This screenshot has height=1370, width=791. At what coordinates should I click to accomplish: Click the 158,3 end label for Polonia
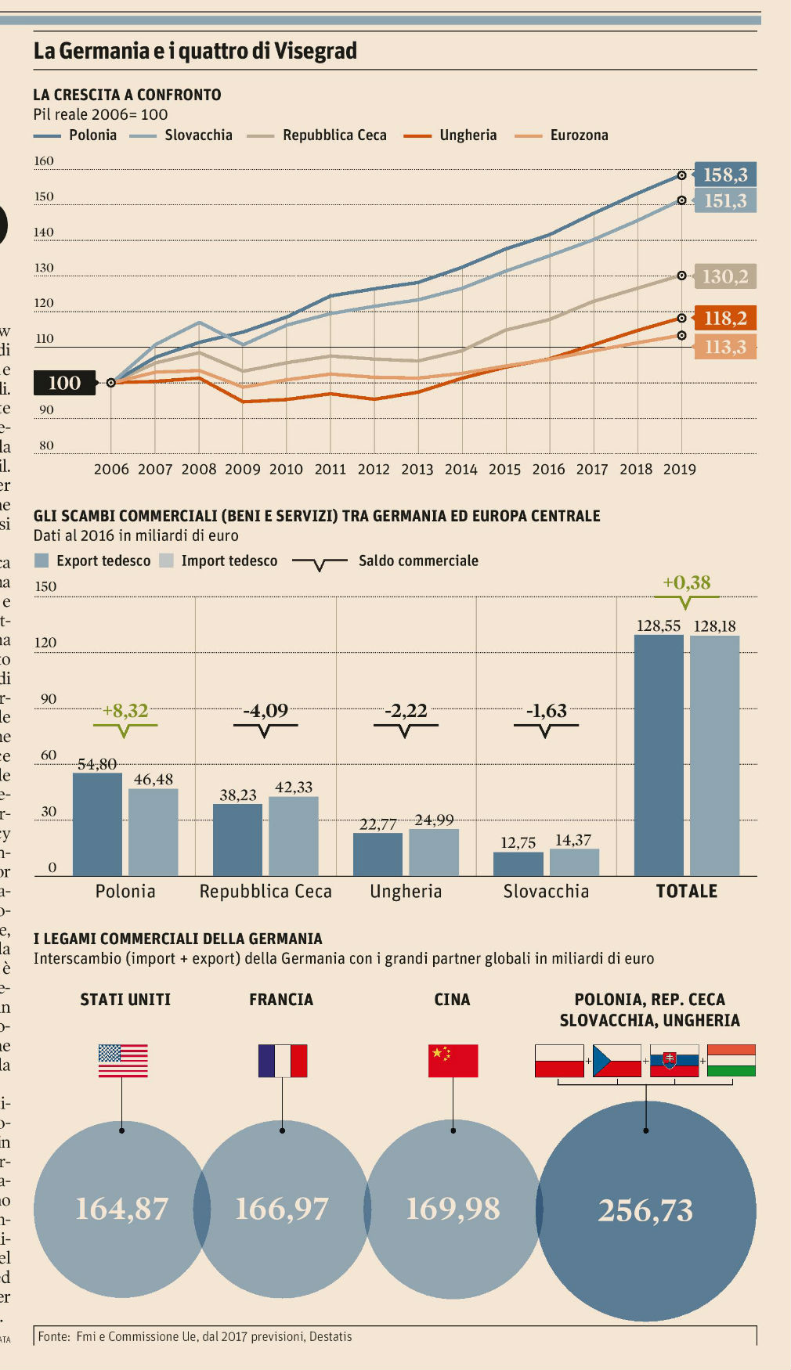tap(725, 175)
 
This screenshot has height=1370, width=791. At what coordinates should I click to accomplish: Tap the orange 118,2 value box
tap(725, 318)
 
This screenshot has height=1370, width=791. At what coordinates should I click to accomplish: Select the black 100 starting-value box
tap(64, 383)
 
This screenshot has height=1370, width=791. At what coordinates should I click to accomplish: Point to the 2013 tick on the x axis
tap(417, 469)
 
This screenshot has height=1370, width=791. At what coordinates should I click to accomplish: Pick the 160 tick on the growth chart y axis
tap(44, 161)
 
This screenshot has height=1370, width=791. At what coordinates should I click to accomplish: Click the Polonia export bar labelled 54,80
tap(97, 824)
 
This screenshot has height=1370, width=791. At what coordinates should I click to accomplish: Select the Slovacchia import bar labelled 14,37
tap(574, 862)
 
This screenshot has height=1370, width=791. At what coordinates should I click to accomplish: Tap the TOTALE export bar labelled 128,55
tap(659, 755)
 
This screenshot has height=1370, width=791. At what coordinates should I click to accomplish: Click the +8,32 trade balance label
tap(125, 711)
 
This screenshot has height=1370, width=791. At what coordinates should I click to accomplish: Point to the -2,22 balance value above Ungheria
tap(406, 711)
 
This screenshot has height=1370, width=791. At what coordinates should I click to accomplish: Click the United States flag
tap(123, 1061)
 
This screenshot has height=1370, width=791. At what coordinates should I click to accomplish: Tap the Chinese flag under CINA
tap(453, 1061)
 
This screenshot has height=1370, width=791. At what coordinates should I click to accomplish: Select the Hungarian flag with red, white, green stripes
tap(731, 1061)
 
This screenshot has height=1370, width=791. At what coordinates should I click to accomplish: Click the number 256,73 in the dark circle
tap(646, 1210)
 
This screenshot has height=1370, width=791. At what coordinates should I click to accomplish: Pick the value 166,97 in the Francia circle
tap(282, 1209)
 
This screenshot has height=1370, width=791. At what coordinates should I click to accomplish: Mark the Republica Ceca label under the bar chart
tap(265, 891)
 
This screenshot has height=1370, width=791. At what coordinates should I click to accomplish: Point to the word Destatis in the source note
tap(330, 1336)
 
